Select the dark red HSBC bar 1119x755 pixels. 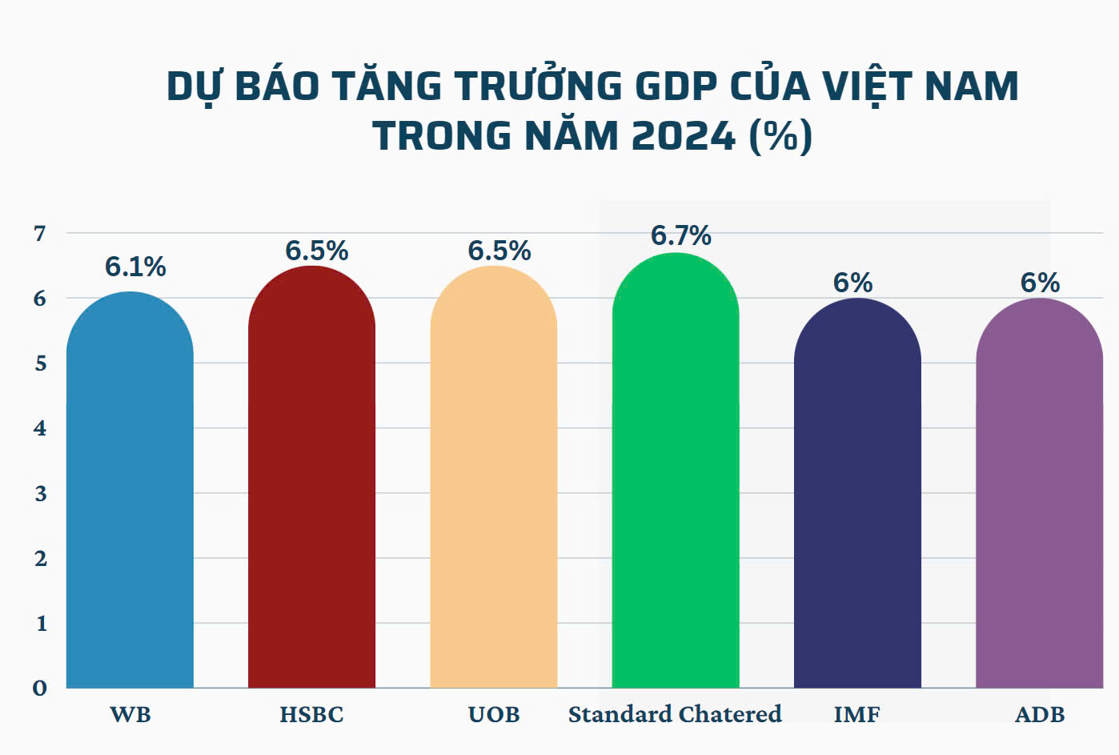pyautogui.click(x=311, y=480)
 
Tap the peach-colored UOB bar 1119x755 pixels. pyautogui.click(x=493, y=480)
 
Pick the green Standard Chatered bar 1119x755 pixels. pyautogui.click(x=676, y=472)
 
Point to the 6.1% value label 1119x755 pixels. pyautogui.click(x=135, y=267)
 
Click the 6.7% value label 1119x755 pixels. pyautogui.click(x=680, y=235)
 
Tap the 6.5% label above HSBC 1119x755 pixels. pyautogui.click(x=317, y=251)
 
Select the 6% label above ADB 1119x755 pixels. pyautogui.click(x=1040, y=283)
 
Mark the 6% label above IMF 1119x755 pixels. pyautogui.click(x=852, y=283)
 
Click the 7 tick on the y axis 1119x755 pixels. pyautogui.click(x=40, y=234)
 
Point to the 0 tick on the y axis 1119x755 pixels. pyautogui.click(x=40, y=688)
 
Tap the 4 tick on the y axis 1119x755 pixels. pyautogui.click(x=40, y=428)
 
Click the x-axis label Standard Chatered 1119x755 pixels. pyautogui.click(x=675, y=713)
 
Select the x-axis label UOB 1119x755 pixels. pyautogui.click(x=494, y=714)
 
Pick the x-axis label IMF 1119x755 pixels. pyautogui.click(x=856, y=714)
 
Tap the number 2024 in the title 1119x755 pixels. pyautogui.click(x=683, y=136)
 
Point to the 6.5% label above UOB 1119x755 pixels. pyautogui.click(x=499, y=251)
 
